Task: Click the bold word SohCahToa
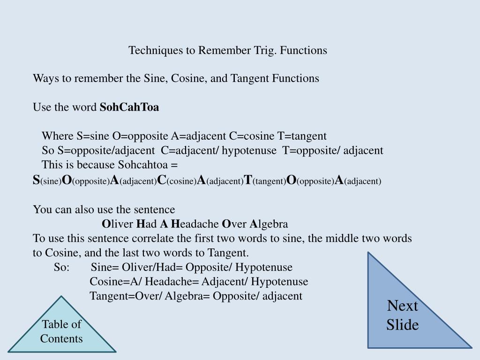click(130, 107)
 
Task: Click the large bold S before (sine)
click(36, 180)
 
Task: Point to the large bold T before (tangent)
click(248, 180)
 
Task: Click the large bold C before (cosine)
click(162, 180)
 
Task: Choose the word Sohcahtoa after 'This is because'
click(142, 165)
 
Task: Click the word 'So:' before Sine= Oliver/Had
click(61, 267)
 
